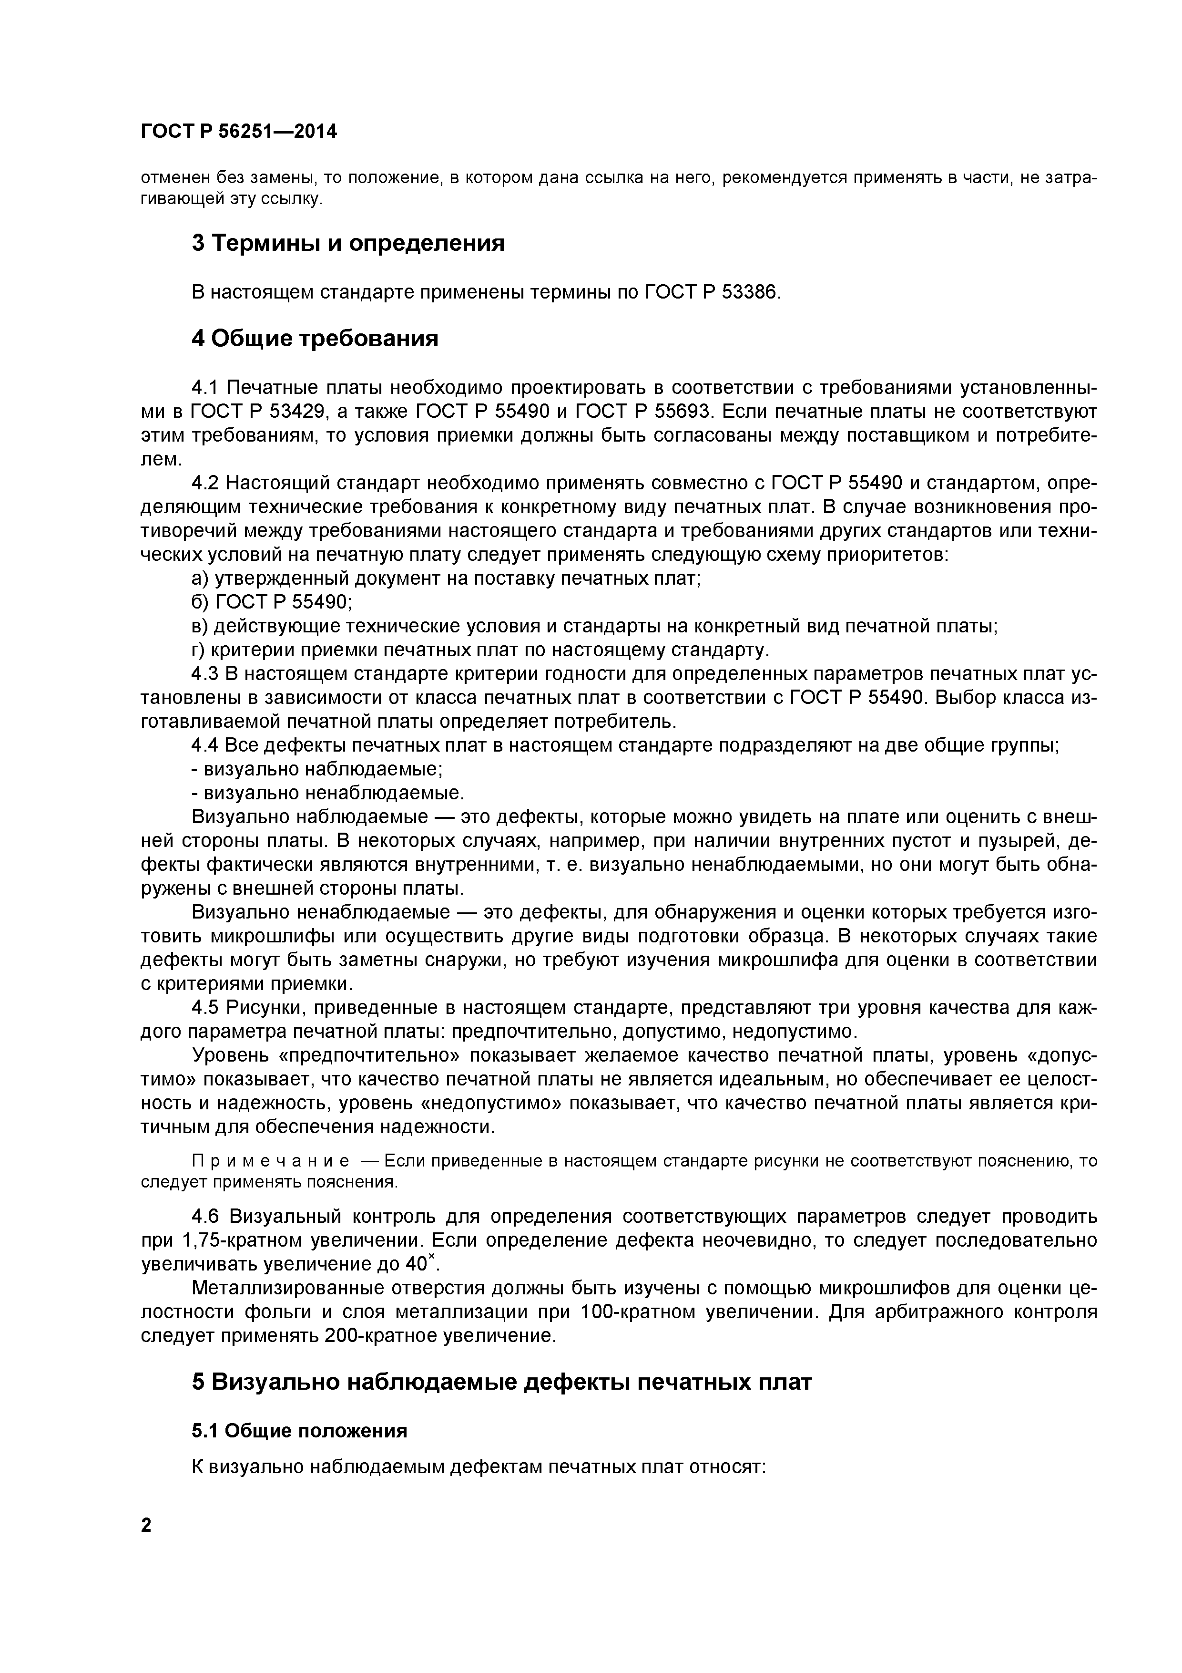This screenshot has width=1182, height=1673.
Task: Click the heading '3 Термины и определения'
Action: pyautogui.click(x=347, y=243)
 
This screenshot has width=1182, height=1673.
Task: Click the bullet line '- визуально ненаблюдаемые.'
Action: pyautogui.click(x=328, y=792)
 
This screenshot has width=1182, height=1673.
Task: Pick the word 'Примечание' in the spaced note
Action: pyautogui.click(x=245, y=1161)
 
